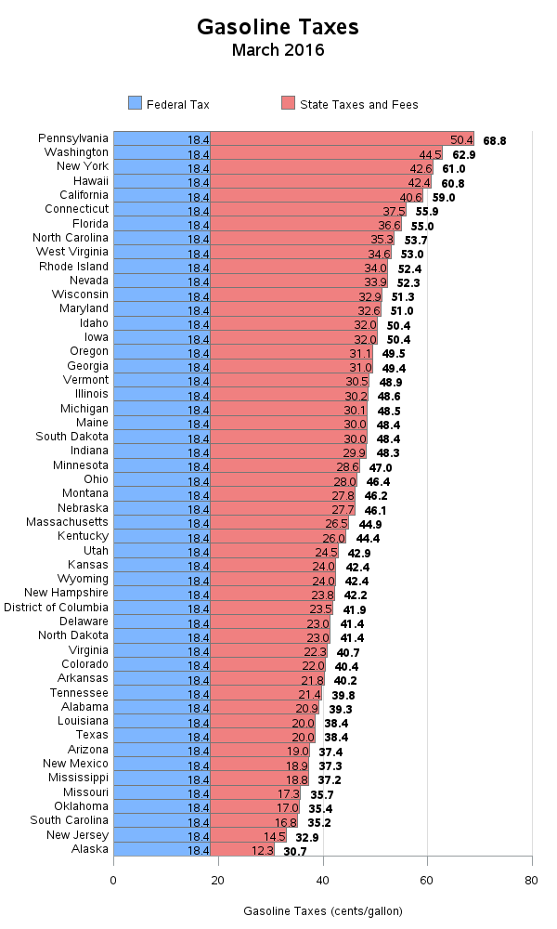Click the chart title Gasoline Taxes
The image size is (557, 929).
[x=278, y=27]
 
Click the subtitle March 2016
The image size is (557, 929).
[x=278, y=50]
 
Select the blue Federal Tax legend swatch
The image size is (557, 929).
[x=134, y=104]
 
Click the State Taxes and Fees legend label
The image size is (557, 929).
[x=358, y=105]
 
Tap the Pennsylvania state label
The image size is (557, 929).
[x=73, y=137]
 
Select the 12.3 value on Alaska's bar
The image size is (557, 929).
[x=263, y=850]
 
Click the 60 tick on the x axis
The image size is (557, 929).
[x=427, y=880]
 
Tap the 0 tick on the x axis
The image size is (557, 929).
[x=114, y=880]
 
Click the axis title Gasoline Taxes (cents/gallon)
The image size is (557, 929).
[x=323, y=911]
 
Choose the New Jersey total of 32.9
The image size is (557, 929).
[x=307, y=835]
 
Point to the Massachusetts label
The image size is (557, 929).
[x=67, y=522]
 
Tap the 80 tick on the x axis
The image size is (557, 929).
[x=531, y=880]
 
